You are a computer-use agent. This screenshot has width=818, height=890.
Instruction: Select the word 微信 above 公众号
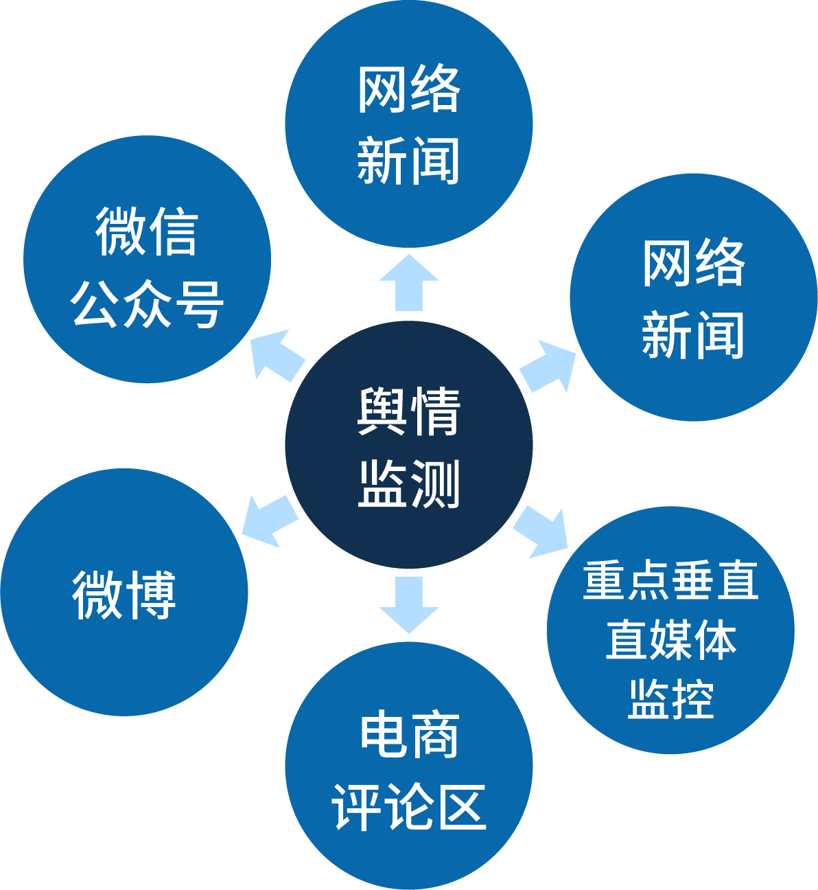tap(147, 231)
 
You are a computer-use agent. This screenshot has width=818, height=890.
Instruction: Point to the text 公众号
tap(147, 304)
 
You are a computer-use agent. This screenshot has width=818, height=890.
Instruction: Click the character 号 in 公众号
tap(198, 304)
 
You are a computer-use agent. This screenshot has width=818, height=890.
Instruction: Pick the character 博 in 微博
tap(150, 595)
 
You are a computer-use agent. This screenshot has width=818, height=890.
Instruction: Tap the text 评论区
tap(409, 807)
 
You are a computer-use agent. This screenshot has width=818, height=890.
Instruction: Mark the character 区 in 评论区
tap(461, 807)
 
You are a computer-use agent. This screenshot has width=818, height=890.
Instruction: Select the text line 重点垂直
tap(670, 580)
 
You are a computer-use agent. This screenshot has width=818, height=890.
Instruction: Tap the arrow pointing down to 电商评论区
tap(409, 604)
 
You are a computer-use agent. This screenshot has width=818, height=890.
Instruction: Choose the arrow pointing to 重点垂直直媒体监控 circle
tap(543, 532)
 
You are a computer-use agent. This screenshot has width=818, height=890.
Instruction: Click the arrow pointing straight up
tap(409, 282)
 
